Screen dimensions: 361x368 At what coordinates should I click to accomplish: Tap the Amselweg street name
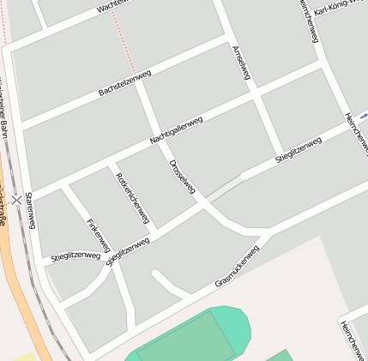pos(241,63)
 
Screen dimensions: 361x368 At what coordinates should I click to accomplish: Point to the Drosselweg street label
pos(183,176)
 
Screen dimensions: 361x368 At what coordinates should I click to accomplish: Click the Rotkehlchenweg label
pos(132,198)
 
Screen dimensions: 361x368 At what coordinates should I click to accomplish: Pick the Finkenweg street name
pos(99,234)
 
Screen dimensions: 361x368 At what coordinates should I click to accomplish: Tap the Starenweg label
pos(31,211)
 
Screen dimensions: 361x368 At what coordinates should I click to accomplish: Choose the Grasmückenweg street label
pos(237,266)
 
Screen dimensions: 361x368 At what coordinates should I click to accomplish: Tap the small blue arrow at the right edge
pos(364,116)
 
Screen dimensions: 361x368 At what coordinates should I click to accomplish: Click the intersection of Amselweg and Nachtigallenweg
pos(255,99)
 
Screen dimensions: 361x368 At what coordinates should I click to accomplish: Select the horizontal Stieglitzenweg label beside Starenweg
pos(75,256)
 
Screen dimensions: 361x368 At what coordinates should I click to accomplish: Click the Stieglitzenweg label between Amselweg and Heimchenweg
pos(299,148)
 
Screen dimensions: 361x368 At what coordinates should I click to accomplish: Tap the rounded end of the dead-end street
pos(158,275)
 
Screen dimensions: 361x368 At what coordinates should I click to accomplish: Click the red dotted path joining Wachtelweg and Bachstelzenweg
pos(124,43)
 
